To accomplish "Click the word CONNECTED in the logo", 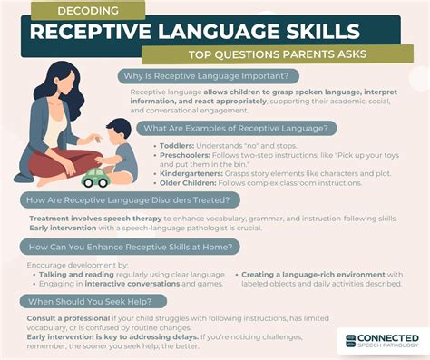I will coord(387,336).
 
